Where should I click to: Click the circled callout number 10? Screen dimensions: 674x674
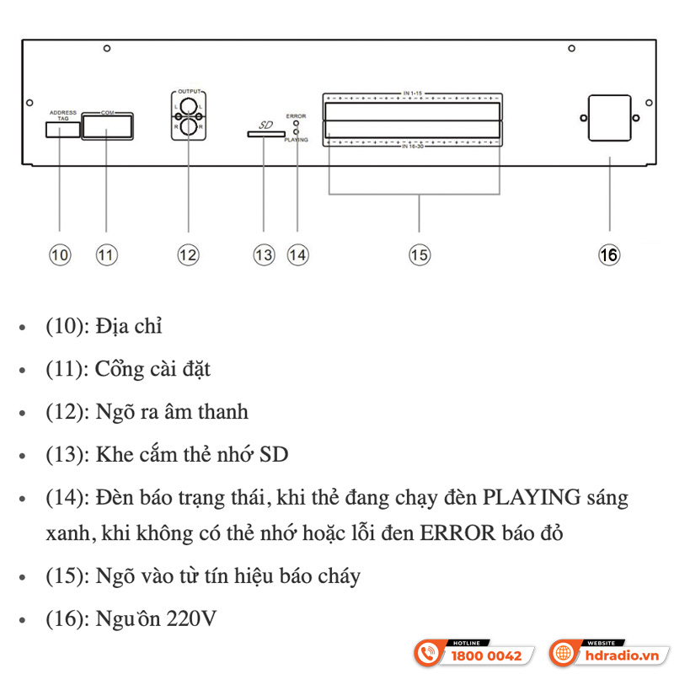tap(59, 254)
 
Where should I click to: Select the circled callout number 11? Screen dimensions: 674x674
tap(106, 254)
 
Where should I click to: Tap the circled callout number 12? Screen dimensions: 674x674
tap(189, 254)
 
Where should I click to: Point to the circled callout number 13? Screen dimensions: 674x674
tap(264, 254)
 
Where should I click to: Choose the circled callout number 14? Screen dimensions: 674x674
tap(297, 254)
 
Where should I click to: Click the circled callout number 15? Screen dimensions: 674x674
tap(420, 254)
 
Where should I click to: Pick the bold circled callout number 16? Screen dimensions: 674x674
tap(609, 254)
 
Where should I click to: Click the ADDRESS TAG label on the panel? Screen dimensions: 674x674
tap(63, 115)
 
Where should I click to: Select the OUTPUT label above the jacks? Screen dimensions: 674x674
tap(190, 89)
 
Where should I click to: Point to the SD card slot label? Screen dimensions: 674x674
tap(265, 125)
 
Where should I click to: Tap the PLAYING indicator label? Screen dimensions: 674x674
tap(296, 140)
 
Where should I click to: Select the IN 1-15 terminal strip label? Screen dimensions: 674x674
tap(411, 90)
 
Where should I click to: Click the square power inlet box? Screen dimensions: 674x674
tap(607, 118)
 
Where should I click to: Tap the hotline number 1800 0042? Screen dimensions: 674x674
tap(487, 655)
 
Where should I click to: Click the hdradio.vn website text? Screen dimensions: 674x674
tap(623, 655)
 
